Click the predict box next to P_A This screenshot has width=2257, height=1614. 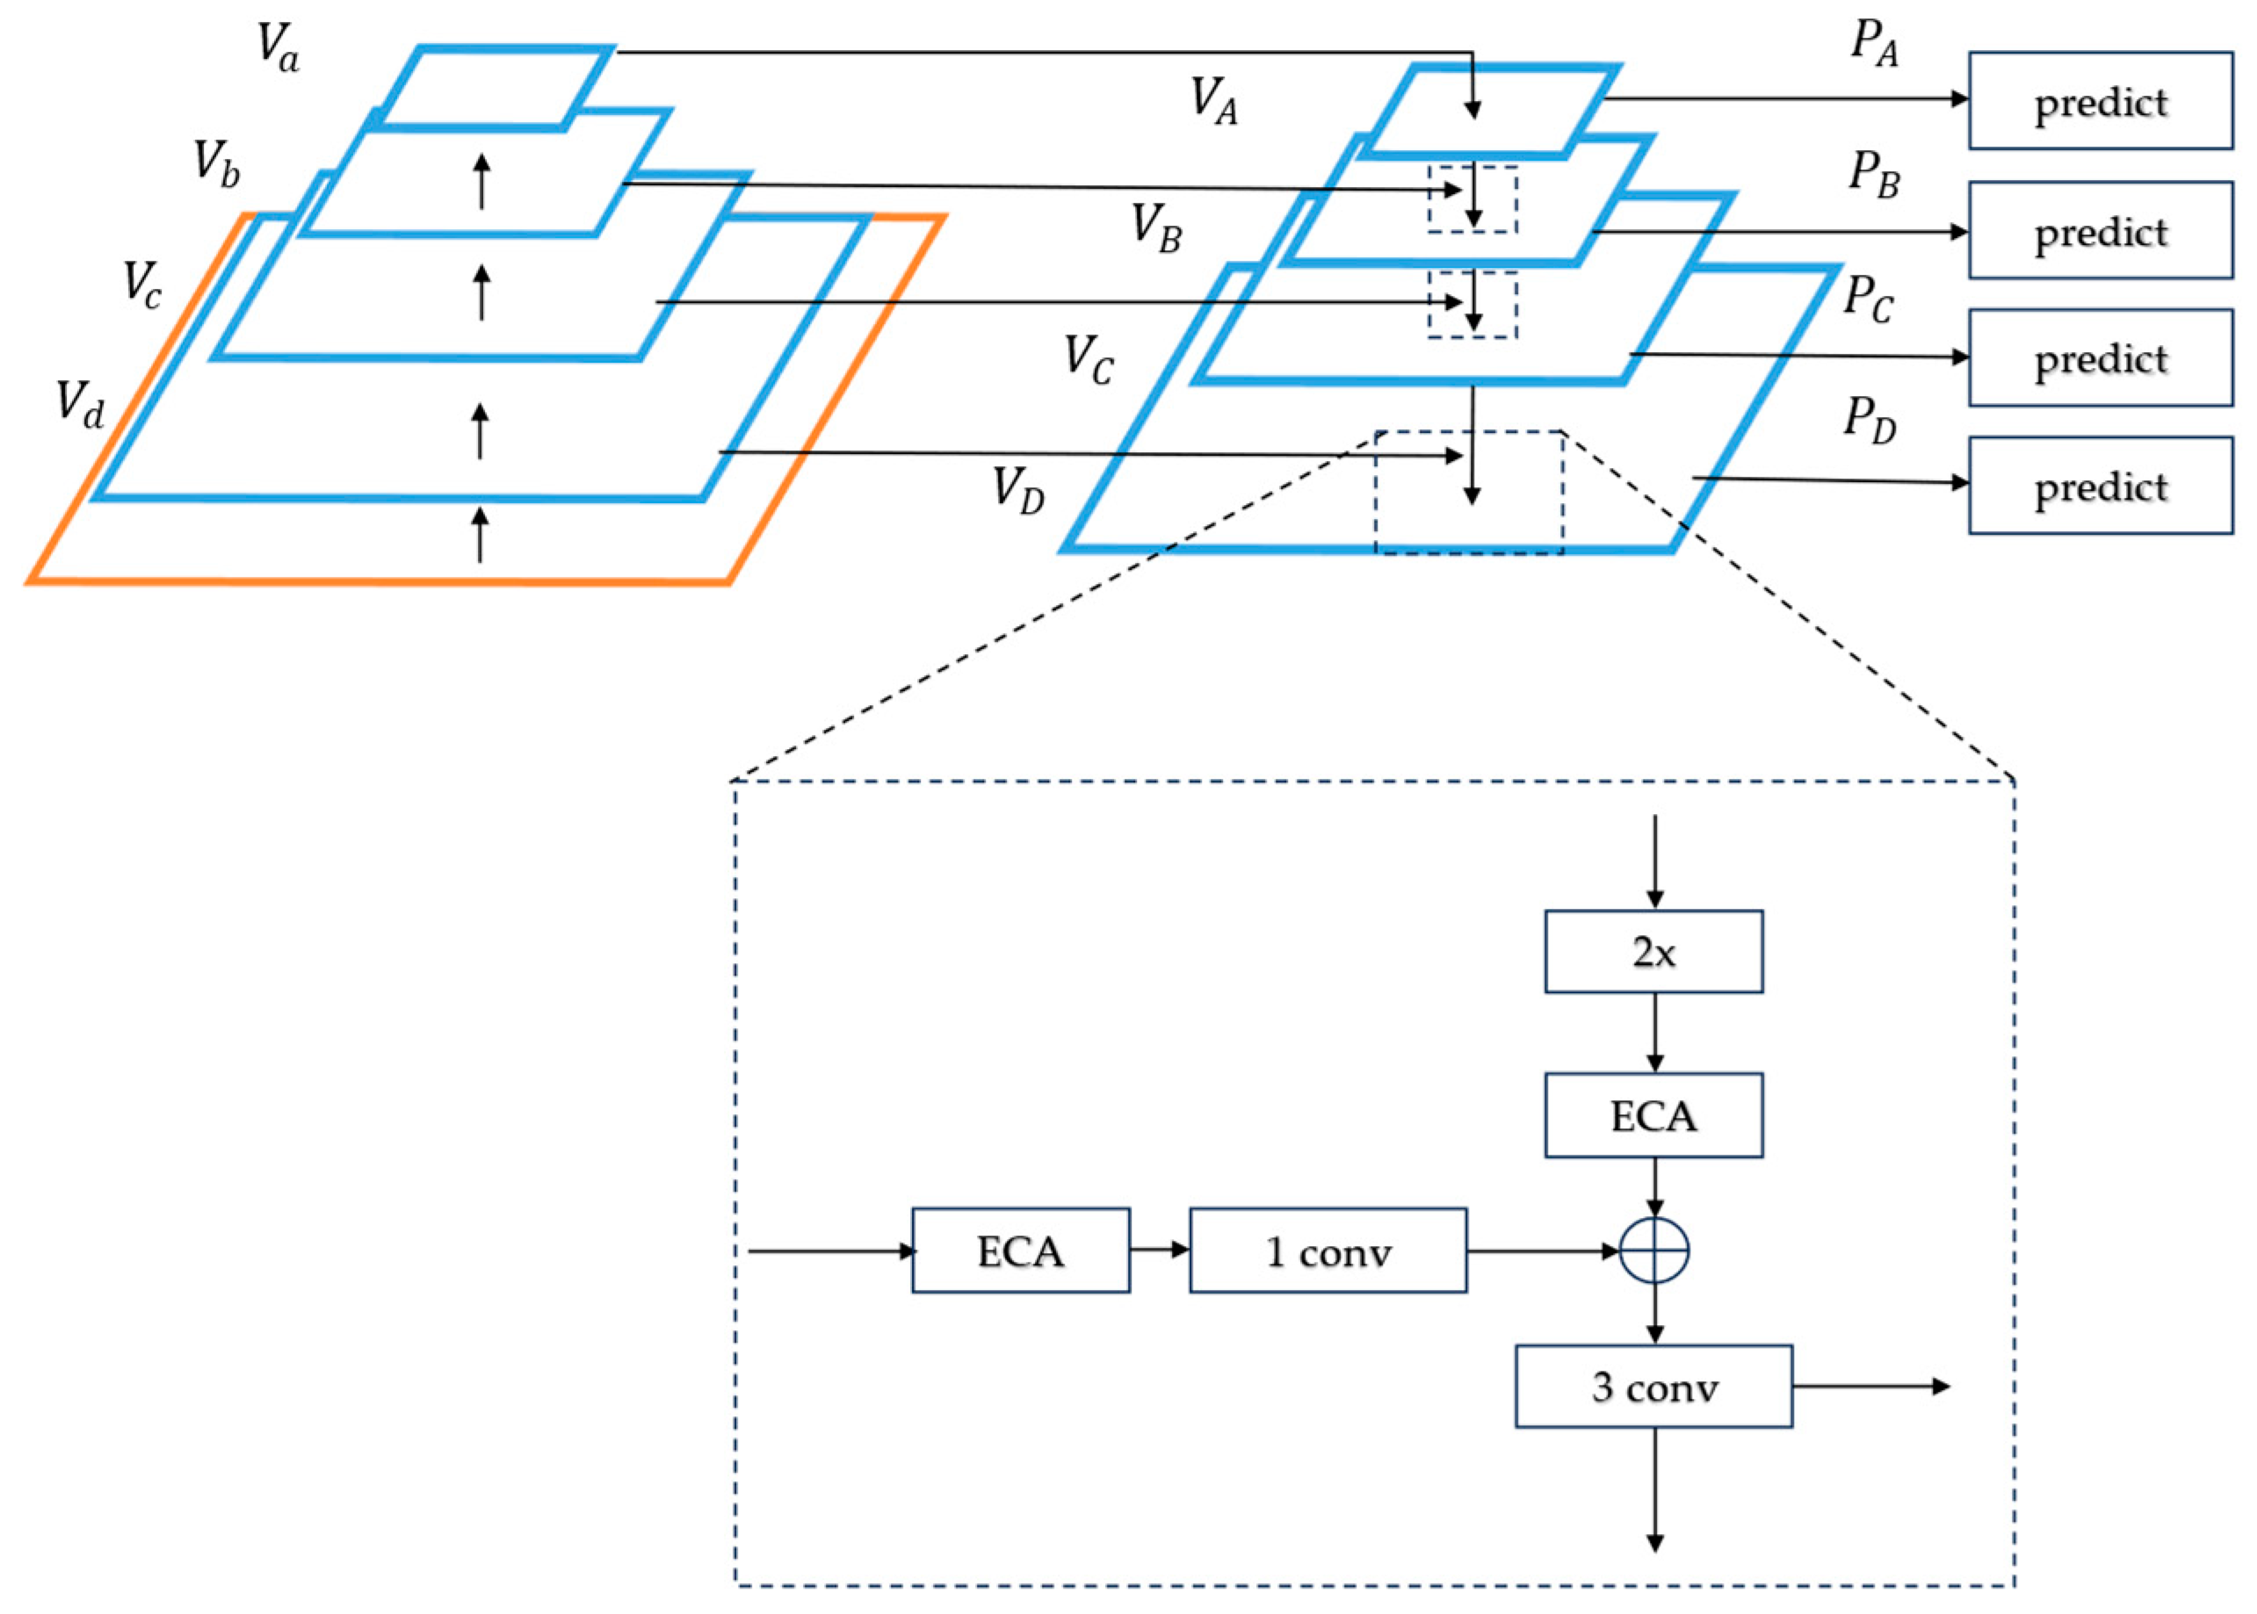(2099, 101)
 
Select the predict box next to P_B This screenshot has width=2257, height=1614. (2099, 231)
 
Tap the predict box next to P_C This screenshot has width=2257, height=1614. (2099, 357)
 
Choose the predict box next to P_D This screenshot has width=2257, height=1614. (2099, 486)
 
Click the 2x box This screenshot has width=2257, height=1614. (1653, 951)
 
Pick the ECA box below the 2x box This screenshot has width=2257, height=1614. (1653, 1115)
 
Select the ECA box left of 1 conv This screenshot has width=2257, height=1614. (1020, 1250)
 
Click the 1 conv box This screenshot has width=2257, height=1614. (1327, 1250)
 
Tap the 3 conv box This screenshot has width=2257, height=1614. (1653, 1387)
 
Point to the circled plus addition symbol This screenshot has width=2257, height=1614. (1653, 1250)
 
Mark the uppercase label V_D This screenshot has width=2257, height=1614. (1018, 490)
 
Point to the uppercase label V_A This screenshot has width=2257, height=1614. (1214, 101)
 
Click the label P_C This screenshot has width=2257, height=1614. (1867, 299)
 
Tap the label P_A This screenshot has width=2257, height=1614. (1873, 45)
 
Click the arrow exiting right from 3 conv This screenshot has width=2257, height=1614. (1870, 1386)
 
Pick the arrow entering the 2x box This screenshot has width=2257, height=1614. (1653, 861)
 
